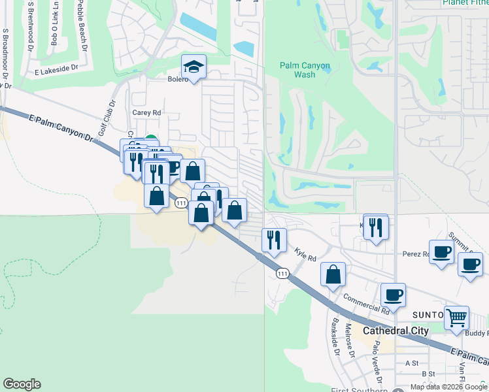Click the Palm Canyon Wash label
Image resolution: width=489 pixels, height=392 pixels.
pyautogui.click(x=305, y=70)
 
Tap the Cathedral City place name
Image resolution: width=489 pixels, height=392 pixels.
pyautogui.click(x=396, y=331)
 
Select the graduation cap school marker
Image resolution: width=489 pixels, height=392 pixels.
pyautogui.click(x=193, y=67)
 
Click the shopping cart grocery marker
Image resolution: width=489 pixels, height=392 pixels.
pyautogui.click(x=456, y=318)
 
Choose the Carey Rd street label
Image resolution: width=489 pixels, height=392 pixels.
pyautogui.click(x=146, y=112)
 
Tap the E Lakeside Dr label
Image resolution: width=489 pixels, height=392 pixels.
pyautogui.click(x=56, y=67)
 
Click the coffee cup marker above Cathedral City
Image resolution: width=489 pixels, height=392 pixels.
pyautogui.click(x=393, y=295)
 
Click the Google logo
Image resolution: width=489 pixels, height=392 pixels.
pyautogui.click(x=22, y=384)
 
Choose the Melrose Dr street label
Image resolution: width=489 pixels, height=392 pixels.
pyautogui.click(x=350, y=342)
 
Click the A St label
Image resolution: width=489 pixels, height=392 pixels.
pyautogui.click(x=412, y=363)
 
